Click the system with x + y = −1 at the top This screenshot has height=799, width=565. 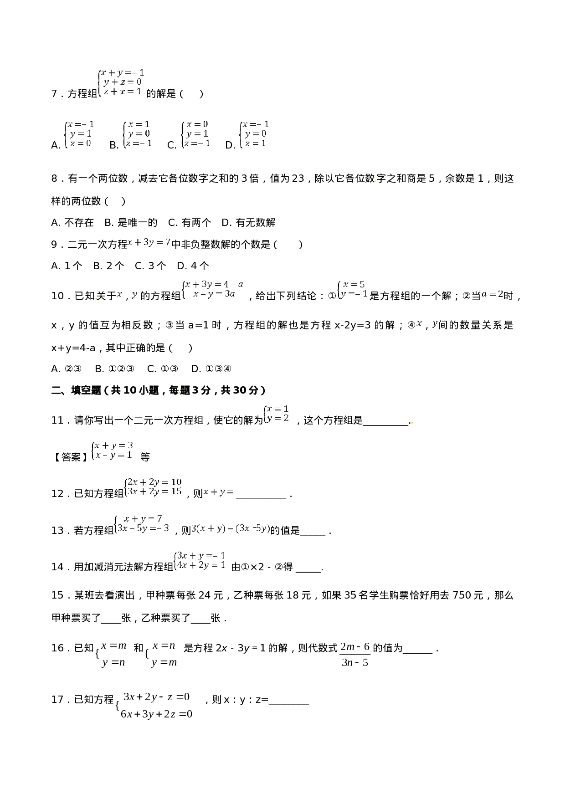122,82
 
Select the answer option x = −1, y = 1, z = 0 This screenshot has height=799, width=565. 80,133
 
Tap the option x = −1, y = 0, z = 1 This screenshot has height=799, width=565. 255,133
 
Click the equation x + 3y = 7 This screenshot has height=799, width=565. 149,242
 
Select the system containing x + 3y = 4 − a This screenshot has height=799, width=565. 213,289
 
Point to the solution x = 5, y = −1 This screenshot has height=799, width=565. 353,289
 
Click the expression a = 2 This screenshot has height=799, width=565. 493,294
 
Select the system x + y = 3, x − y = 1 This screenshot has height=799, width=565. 113,450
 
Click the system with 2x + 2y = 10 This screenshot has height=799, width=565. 154,487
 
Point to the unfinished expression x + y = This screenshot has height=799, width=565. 219,492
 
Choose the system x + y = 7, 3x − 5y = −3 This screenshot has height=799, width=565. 142,523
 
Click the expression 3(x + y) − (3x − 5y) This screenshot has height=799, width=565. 231,528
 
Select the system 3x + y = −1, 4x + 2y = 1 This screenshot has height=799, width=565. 200,560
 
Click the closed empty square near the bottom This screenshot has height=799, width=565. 355,654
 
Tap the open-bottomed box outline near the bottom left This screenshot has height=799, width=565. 113,654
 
